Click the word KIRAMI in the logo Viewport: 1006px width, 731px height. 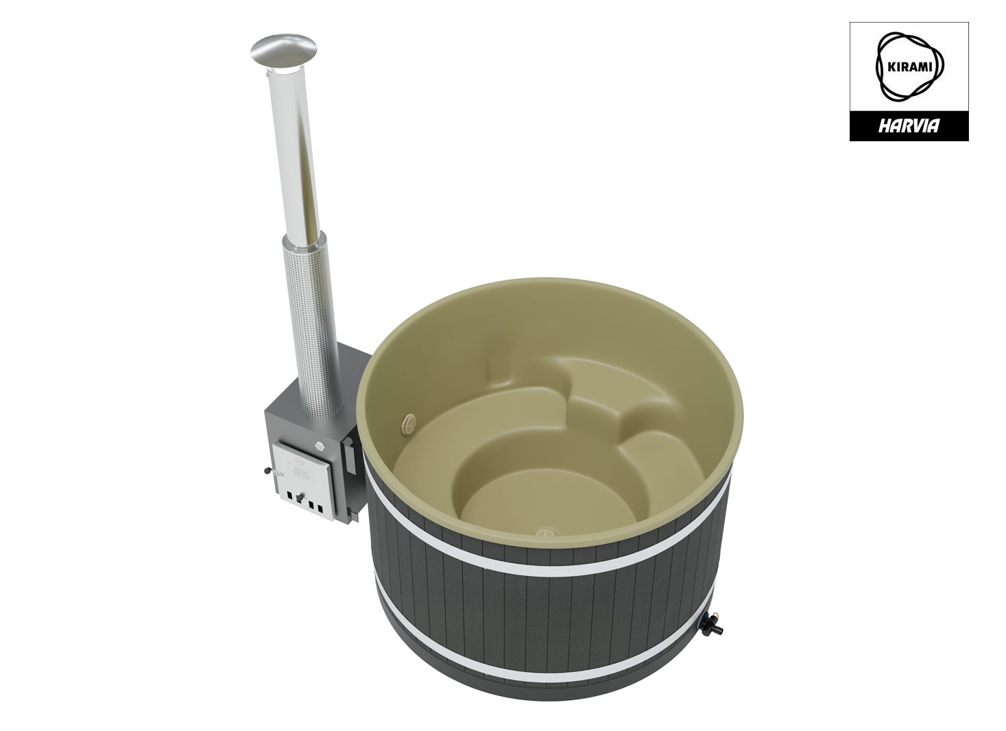tap(909, 67)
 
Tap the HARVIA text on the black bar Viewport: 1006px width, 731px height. tap(909, 126)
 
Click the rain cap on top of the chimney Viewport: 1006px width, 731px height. tap(284, 50)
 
